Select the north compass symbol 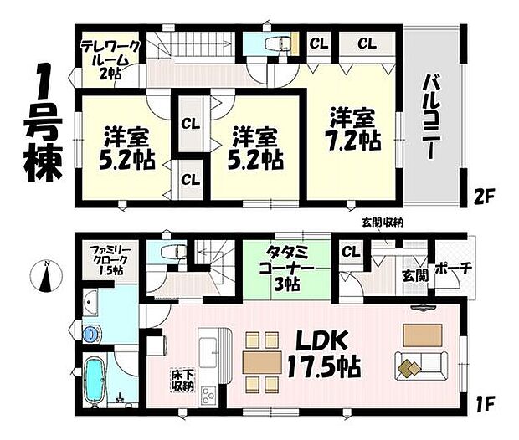point(49,275)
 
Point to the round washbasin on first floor point(91,333)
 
